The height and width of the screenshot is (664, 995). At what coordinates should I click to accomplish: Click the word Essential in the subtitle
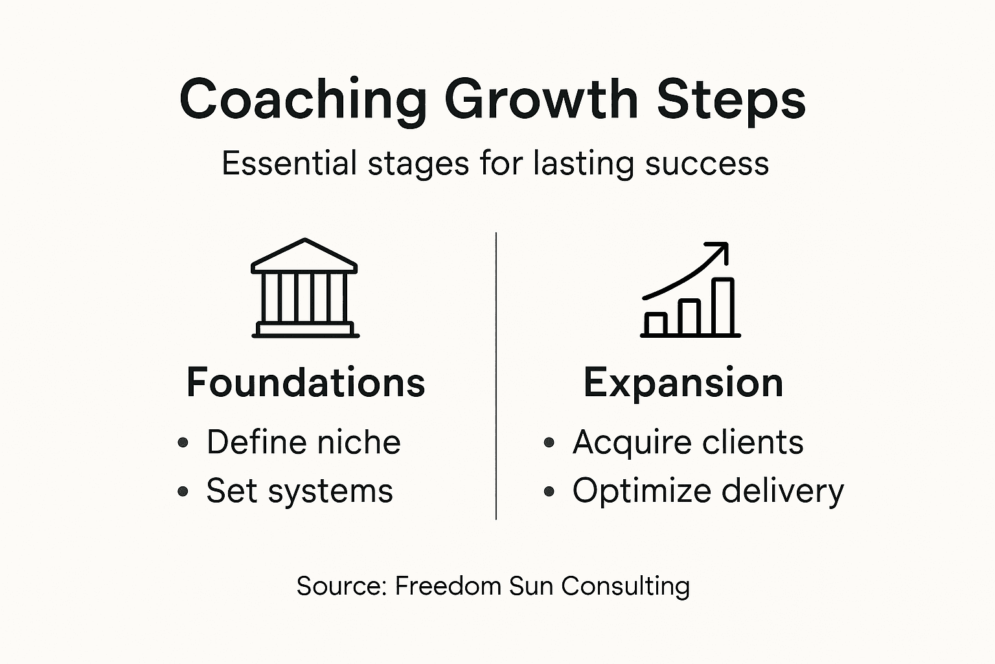tap(289, 163)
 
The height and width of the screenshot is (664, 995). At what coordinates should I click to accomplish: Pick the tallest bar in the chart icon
tap(724, 307)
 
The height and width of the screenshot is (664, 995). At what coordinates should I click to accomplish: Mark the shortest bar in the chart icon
tap(656, 324)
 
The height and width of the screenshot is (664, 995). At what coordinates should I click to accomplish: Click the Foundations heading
tap(305, 383)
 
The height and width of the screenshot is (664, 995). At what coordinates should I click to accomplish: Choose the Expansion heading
tap(683, 383)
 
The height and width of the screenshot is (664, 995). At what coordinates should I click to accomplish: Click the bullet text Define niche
tap(303, 443)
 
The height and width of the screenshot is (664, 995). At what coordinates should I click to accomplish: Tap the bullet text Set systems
tap(299, 491)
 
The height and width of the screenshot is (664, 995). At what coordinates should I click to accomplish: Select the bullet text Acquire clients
tap(688, 443)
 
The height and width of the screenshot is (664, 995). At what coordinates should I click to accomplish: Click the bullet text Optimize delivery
tap(708, 491)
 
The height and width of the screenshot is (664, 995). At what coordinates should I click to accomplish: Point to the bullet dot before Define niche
tap(183, 444)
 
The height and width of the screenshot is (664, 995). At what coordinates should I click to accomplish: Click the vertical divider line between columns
tap(496, 376)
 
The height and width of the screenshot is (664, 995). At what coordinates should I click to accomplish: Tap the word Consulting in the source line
tap(625, 586)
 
